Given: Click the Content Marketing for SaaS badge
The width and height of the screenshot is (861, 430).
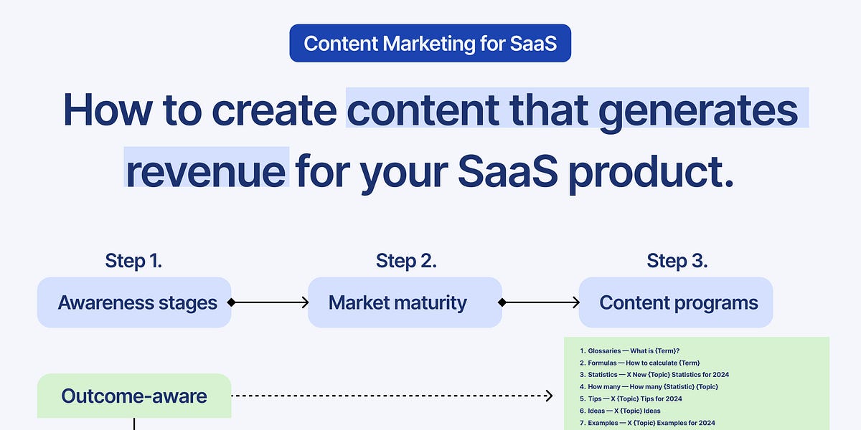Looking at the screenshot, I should pos(430,43).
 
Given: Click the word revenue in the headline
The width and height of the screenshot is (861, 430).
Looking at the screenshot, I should pos(207,170).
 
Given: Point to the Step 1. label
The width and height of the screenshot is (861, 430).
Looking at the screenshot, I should pos(133,261).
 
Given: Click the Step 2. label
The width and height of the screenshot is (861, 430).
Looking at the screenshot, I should pos(405,261).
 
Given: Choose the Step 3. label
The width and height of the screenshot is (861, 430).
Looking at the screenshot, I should pos(677,261).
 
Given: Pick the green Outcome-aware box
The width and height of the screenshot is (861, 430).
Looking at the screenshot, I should pos(134,395).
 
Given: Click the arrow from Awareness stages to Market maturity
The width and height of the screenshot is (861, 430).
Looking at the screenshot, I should pos(269,303).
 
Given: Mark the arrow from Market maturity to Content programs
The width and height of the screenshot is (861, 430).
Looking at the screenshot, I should pos(540,303).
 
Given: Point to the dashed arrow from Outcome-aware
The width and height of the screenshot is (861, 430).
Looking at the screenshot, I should pos(391,396).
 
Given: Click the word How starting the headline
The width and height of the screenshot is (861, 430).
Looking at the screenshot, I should pos(108,110).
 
